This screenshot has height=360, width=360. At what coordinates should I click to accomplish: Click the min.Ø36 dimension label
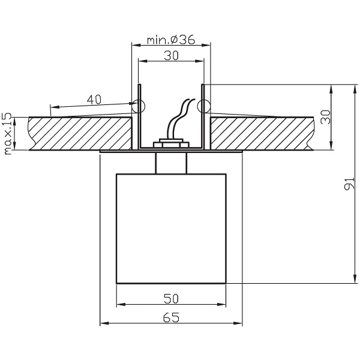(x=170, y=40)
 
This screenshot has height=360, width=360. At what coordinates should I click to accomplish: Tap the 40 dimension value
(x=94, y=100)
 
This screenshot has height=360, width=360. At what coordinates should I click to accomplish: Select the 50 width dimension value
(x=170, y=298)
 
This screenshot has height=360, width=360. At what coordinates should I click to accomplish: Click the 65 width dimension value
(x=170, y=319)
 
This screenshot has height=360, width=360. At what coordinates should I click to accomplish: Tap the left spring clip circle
(x=138, y=107)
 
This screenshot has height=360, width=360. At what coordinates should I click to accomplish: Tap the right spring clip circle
(x=204, y=107)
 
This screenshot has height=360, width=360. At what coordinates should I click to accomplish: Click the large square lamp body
(x=170, y=228)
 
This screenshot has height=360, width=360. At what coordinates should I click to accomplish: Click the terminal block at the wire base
(x=171, y=144)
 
